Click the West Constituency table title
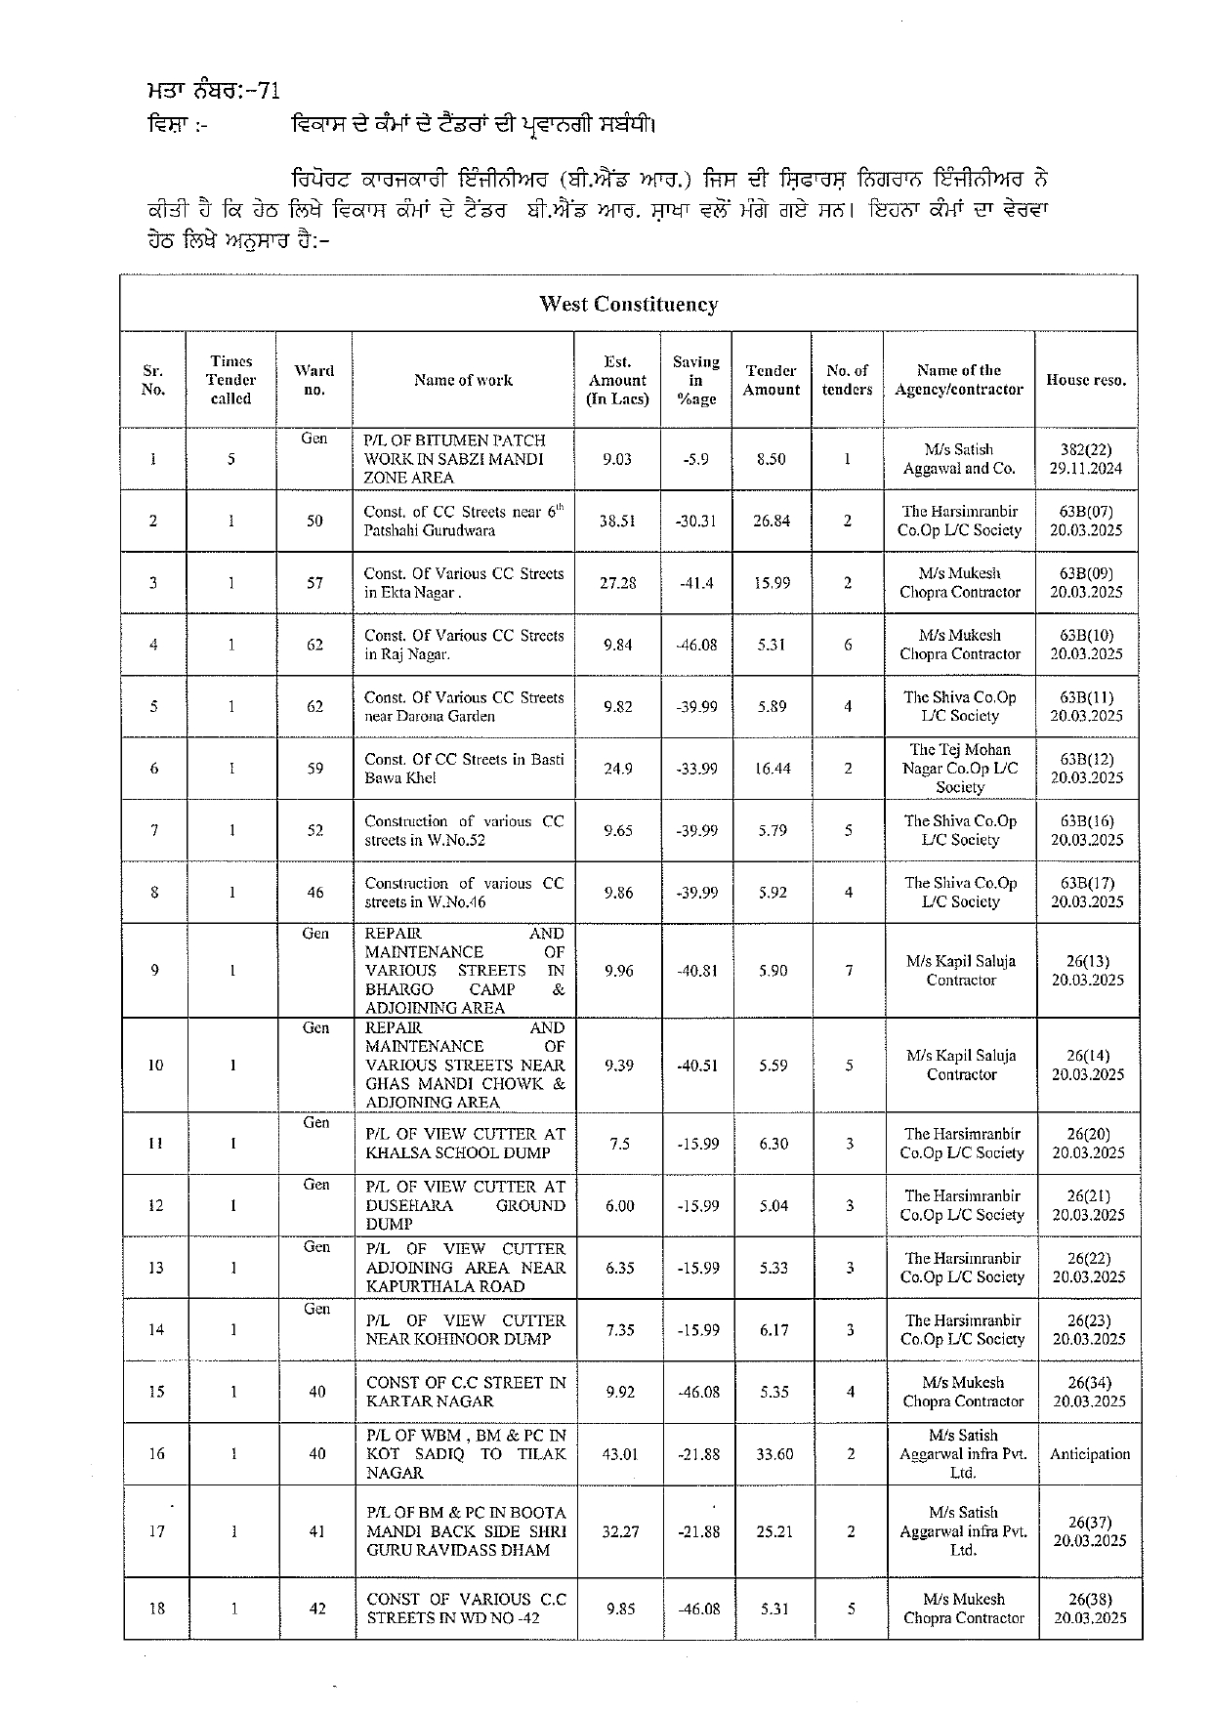(x=628, y=305)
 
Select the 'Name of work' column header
(x=463, y=380)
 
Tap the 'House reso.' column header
(x=1086, y=380)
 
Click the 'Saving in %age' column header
(x=695, y=380)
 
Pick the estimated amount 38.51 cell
(x=617, y=521)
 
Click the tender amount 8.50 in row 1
(x=771, y=459)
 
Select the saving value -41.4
(x=696, y=583)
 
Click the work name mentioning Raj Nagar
(x=463, y=645)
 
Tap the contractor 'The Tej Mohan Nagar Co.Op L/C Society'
(x=960, y=769)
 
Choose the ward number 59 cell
(x=314, y=769)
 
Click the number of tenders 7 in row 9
(x=849, y=971)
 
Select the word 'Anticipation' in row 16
(x=1089, y=1454)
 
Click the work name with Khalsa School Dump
(x=465, y=1144)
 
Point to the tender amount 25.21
(x=774, y=1531)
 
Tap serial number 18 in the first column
(x=156, y=1609)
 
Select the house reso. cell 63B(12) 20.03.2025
(x=1086, y=769)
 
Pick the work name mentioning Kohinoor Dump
(x=465, y=1329)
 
